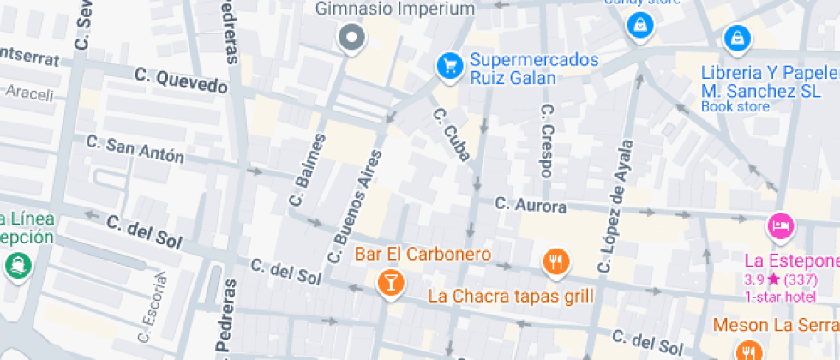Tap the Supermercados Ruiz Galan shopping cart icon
448,64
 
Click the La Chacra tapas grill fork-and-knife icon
556,261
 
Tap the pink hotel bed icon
781,226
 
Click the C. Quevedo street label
182,81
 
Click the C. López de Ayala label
616,207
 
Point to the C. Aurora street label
531,206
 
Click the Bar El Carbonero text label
423,255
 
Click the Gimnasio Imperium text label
395,9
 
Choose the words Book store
735,107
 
